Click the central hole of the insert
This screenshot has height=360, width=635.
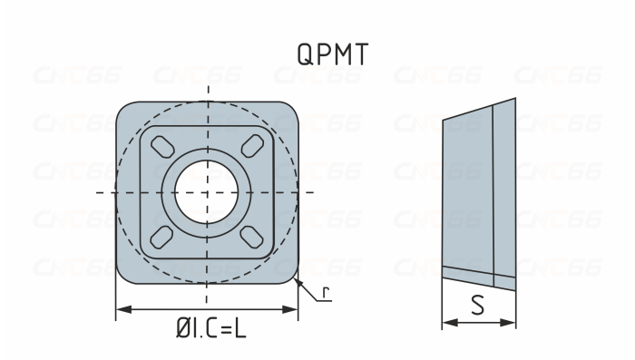(x=208, y=192)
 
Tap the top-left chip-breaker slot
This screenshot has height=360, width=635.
(x=161, y=146)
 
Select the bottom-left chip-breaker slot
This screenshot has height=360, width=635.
(x=161, y=238)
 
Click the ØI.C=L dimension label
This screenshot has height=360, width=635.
(x=210, y=328)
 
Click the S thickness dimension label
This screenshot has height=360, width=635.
(x=478, y=306)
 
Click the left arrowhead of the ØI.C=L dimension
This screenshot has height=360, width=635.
(x=122, y=310)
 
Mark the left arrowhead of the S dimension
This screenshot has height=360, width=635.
(x=447, y=322)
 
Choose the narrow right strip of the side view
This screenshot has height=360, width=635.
(x=504, y=190)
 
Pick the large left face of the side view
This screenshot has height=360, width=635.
(x=467, y=195)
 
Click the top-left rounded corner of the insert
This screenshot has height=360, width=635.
(x=126, y=112)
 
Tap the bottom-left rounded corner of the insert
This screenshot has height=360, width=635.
(x=126, y=272)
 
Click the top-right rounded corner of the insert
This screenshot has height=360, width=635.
(x=289, y=112)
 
